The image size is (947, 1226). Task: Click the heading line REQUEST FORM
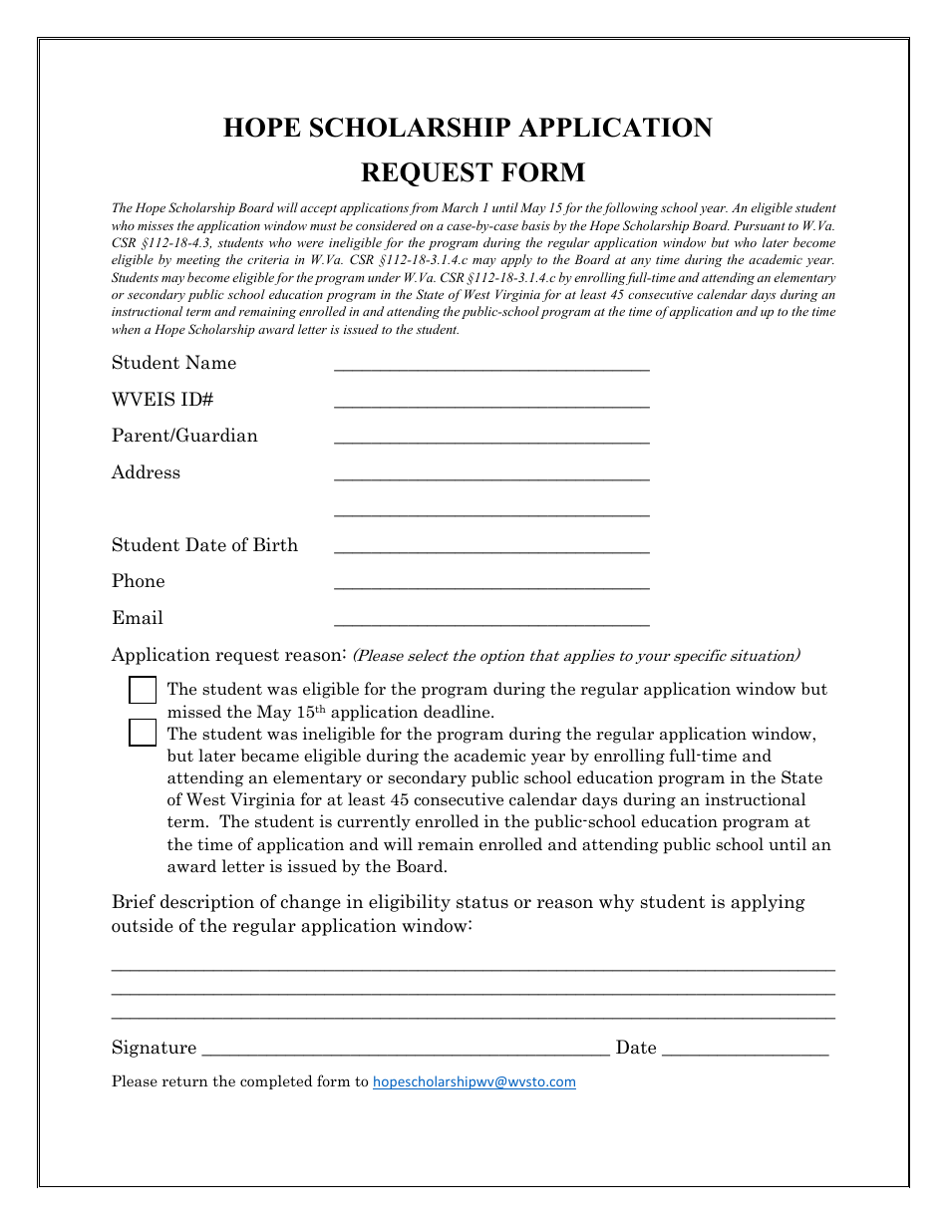(x=473, y=172)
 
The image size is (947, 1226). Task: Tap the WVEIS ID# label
(x=162, y=400)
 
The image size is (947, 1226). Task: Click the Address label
(x=146, y=472)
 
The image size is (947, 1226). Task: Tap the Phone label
(x=139, y=581)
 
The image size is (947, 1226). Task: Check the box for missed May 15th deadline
(x=144, y=690)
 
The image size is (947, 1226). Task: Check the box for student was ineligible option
(x=144, y=734)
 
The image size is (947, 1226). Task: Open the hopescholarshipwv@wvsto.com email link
(x=474, y=1081)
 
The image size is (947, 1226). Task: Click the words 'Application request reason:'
(x=228, y=655)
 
